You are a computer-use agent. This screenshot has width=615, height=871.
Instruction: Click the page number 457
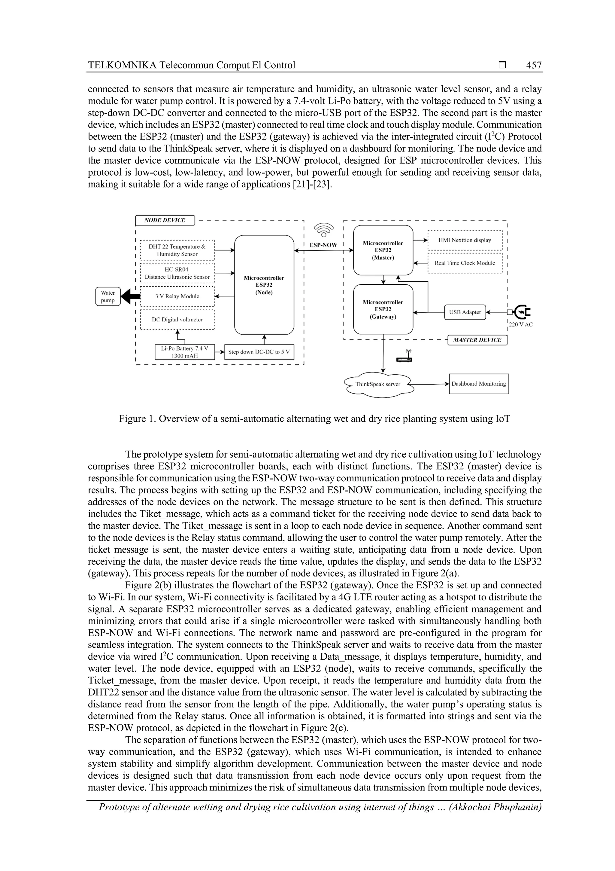click(534, 65)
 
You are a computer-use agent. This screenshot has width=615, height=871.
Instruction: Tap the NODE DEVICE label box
click(165, 220)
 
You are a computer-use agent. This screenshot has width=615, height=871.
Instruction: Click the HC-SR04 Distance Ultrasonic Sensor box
click(177, 273)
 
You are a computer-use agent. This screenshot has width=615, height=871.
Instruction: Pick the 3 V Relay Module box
click(177, 296)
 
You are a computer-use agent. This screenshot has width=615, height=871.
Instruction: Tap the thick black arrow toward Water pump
click(132, 296)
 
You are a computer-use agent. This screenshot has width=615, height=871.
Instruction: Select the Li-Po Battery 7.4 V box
click(185, 352)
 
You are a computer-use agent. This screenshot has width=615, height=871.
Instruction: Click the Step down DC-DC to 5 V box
click(259, 352)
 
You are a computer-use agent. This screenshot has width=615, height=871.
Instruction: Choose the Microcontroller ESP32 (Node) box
click(264, 285)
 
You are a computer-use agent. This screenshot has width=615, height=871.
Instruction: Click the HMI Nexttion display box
click(465, 240)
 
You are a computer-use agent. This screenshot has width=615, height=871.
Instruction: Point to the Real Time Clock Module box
click(465, 263)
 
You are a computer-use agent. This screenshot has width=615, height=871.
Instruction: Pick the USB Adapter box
click(465, 312)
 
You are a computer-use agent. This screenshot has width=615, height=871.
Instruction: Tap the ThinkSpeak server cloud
click(378, 384)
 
